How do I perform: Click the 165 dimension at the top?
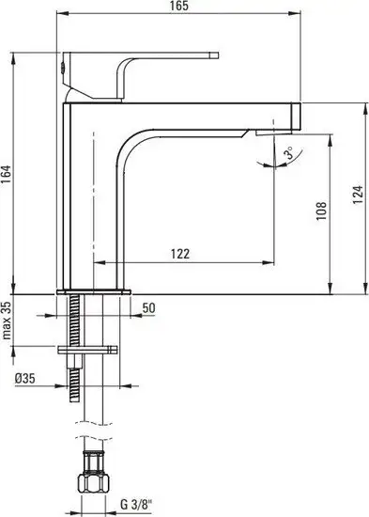(x=179, y=6)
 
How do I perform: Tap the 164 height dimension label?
(x=7, y=175)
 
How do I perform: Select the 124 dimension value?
(x=358, y=195)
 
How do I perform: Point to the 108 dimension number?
(x=321, y=211)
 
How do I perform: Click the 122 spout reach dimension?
(x=180, y=254)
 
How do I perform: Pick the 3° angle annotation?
(x=289, y=153)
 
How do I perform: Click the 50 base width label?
(x=148, y=308)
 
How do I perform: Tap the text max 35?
(x=7, y=321)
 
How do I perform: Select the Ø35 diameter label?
(x=24, y=378)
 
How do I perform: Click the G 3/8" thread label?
(x=136, y=505)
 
